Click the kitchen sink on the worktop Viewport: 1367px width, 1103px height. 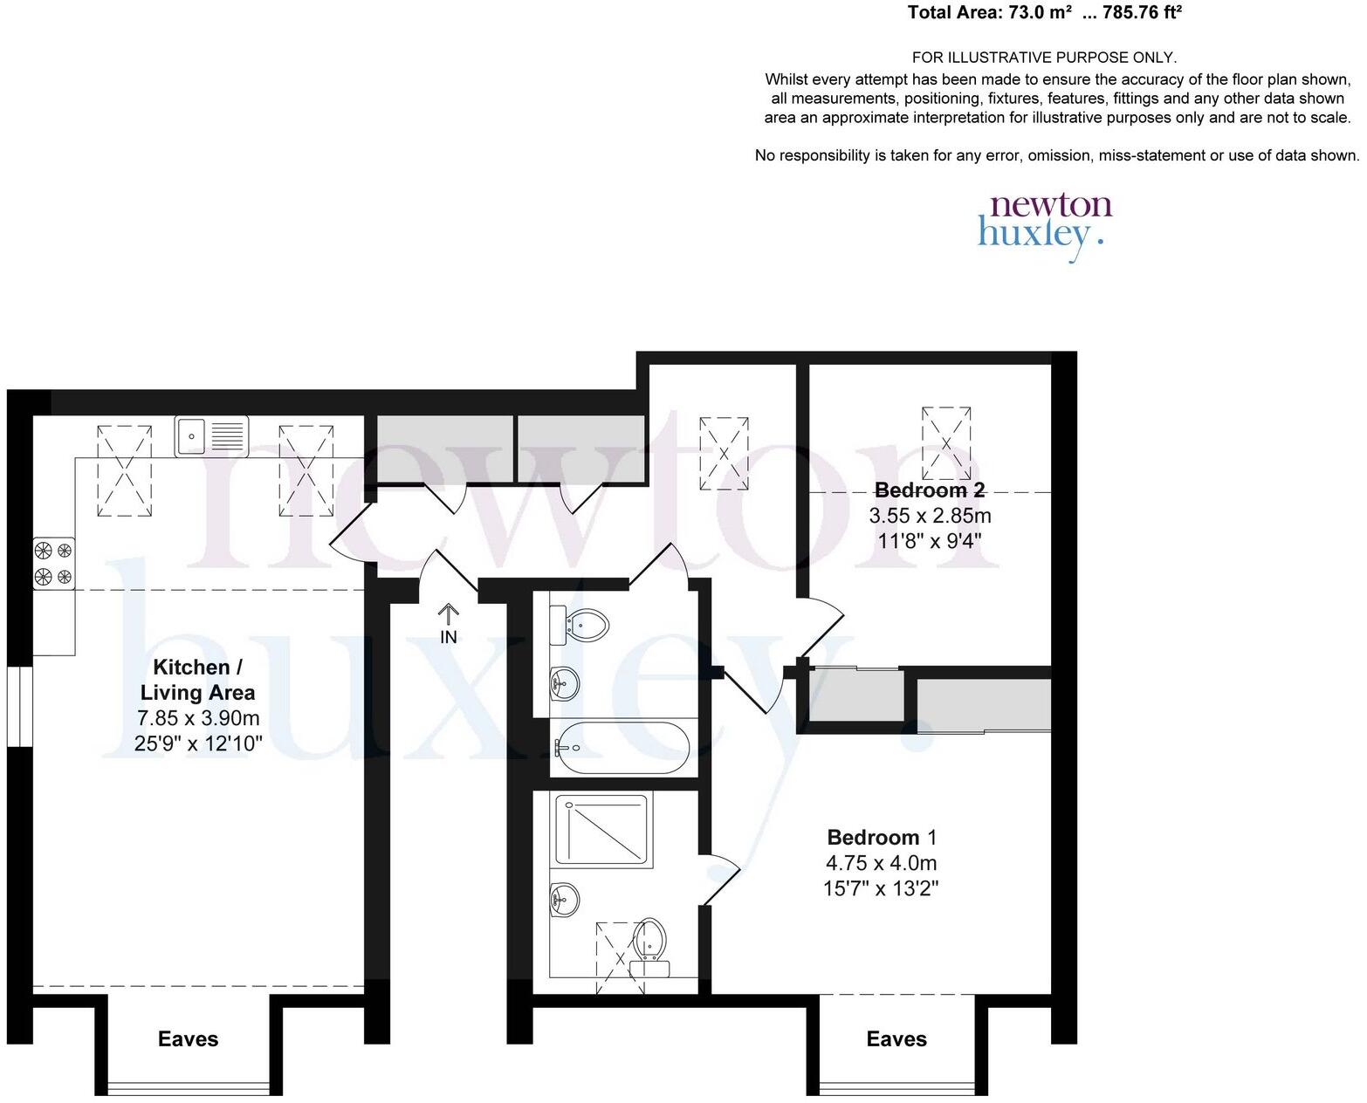click(x=211, y=435)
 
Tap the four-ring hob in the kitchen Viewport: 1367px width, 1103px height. click(x=54, y=563)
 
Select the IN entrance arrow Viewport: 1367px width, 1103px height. click(x=448, y=623)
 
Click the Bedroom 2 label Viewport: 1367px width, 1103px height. click(x=930, y=490)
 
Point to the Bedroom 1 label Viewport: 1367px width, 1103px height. click(x=882, y=838)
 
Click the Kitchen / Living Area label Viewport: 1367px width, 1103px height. click(x=198, y=680)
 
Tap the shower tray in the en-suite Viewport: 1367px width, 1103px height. click(x=601, y=830)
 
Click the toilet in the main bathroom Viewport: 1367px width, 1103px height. click(x=582, y=626)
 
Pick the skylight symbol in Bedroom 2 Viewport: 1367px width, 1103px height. click(x=946, y=442)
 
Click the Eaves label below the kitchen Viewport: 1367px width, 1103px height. click(x=188, y=1039)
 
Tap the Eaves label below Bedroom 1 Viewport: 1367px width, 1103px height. click(x=896, y=1039)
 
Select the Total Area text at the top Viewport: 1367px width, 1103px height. click(x=1045, y=13)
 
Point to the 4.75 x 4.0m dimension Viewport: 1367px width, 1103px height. click(x=881, y=863)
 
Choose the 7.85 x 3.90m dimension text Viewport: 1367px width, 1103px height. click(x=198, y=718)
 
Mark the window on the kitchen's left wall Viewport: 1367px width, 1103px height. click(x=19, y=707)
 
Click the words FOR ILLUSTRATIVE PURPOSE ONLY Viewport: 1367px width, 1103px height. click(x=1044, y=58)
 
